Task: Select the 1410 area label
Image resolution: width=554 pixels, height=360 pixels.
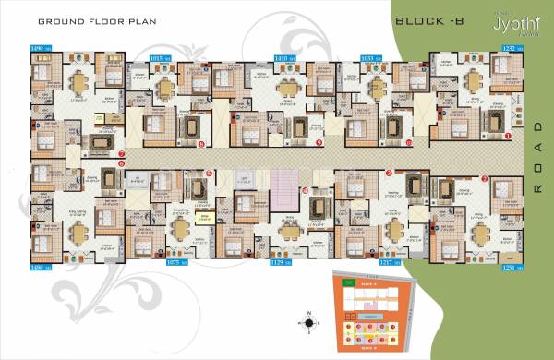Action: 285,57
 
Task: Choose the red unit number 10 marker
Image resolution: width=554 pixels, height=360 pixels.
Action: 409,143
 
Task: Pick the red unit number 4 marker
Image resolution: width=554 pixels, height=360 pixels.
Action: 306,191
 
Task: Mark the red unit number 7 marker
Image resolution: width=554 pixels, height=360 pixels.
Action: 123,154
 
